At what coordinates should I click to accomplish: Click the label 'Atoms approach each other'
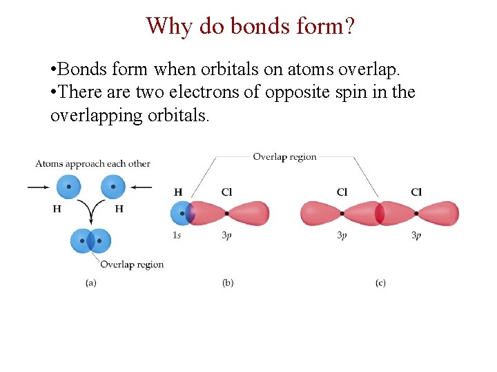(92, 164)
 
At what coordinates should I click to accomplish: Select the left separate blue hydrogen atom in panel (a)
(68, 186)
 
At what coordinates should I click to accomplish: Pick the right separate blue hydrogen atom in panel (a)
(113, 186)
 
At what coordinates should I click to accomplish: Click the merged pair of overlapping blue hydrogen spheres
(90, 240)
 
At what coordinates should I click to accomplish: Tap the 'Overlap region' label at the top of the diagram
(284, 156)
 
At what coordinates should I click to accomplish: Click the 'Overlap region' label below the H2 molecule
(132, 265)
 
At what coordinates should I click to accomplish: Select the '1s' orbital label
(177, 236)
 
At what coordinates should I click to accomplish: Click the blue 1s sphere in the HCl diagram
(180, 214)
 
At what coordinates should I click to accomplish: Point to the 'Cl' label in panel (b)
(226, 192)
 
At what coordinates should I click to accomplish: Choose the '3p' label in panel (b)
(226, 236)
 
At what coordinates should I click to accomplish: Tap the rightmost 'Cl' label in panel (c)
(416, 192)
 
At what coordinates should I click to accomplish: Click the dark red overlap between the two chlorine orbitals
(379, 214)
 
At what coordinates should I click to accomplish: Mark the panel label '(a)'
(90, 282)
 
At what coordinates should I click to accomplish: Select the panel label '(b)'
(228, 282)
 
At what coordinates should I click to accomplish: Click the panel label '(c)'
(380, 282)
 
